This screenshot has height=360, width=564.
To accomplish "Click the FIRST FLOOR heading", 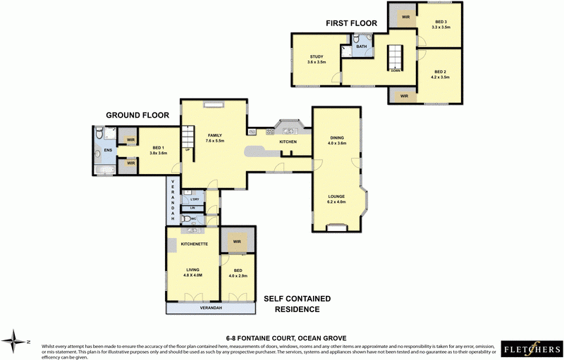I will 351,23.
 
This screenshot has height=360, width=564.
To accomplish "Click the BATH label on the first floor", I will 362,46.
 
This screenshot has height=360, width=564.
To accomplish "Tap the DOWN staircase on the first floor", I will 394,57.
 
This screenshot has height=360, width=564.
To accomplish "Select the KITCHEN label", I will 288,142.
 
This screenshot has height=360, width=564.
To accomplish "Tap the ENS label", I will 108,150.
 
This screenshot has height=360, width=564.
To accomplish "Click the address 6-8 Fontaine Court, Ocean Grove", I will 286,337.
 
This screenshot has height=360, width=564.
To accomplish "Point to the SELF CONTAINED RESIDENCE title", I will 297,304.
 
